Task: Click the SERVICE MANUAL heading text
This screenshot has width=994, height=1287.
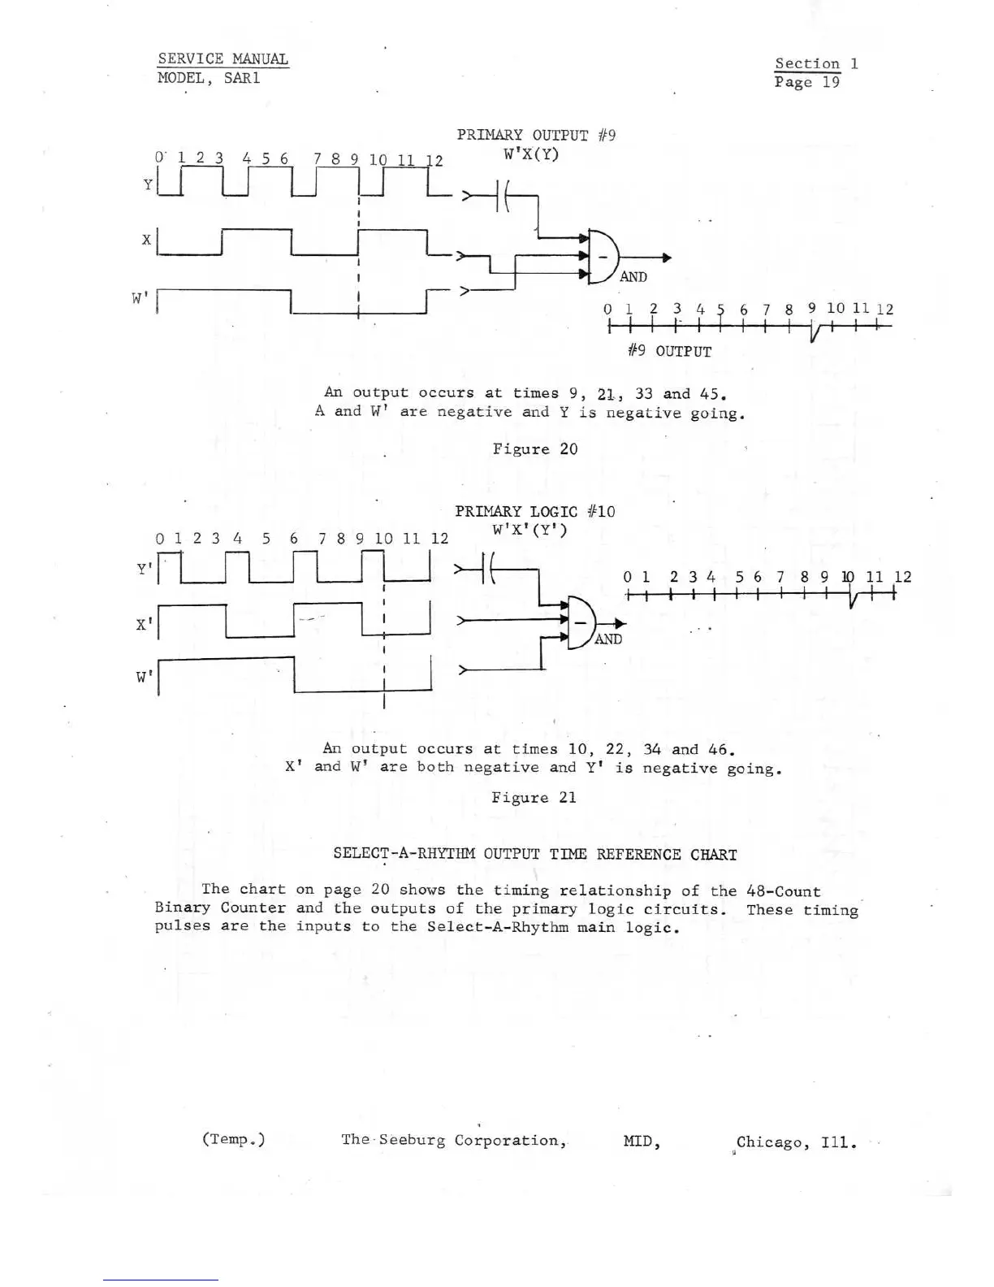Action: [x=223, y=58]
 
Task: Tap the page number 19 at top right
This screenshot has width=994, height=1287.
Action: [x=830, y=82]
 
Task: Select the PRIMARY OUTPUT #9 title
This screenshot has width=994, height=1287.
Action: [x=535, y=135]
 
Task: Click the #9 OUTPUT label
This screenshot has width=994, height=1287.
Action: [x=670, y=351]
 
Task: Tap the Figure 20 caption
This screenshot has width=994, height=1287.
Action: [x=535, y=448]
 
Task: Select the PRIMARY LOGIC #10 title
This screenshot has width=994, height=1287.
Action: [x=534, y=511]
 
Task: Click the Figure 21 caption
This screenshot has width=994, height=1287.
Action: [x=534, y=797]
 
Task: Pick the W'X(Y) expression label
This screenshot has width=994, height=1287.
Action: [x=531, y=154]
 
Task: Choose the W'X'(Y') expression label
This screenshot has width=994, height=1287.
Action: [x=529, y=530]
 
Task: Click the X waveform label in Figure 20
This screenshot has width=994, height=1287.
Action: [x=146, y=240]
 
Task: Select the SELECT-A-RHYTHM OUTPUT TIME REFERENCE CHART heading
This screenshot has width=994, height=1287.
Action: [x=535, y=854]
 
